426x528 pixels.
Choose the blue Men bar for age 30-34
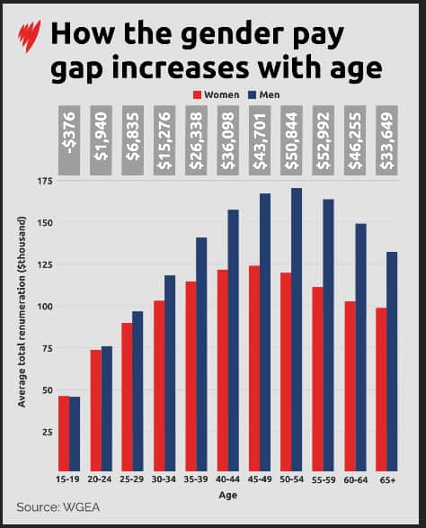tap(170, 369)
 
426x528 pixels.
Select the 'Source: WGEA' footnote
tap(59, 506)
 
